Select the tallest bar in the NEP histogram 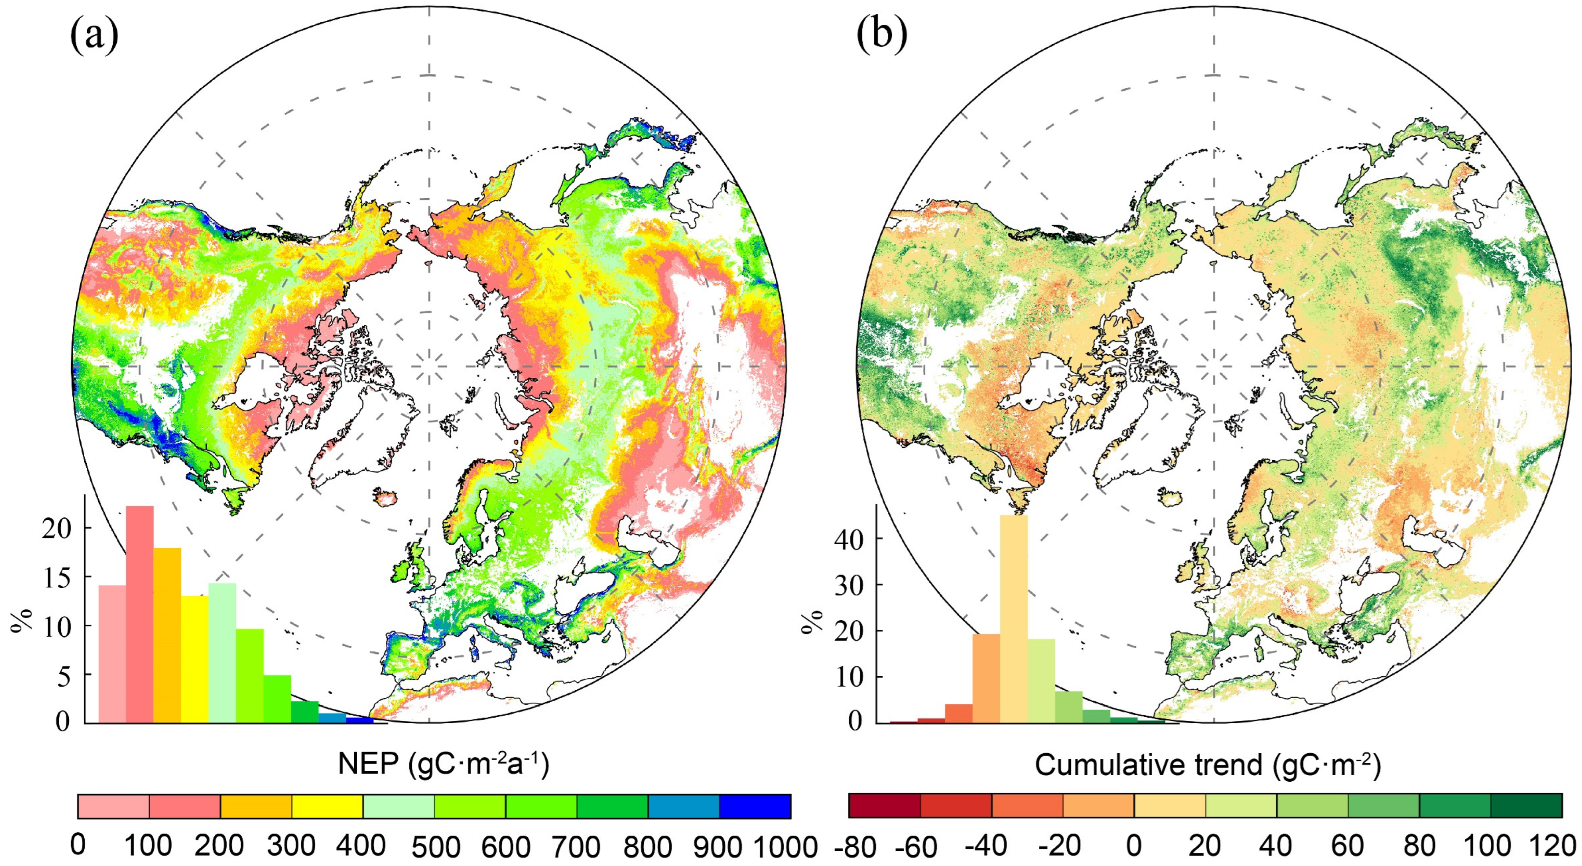(x=140, y=614)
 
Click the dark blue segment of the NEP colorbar (x=755, y=806)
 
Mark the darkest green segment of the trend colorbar (x=1526, y=806)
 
